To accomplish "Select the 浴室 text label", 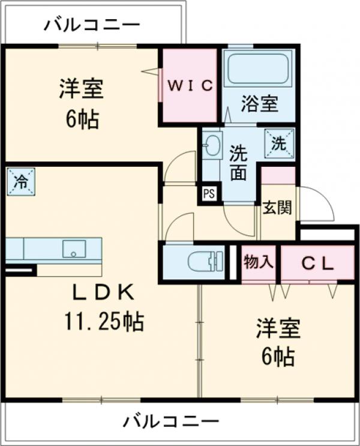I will (260, 103).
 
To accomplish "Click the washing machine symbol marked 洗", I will (280, 143).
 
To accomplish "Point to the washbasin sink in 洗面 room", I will (212, 146).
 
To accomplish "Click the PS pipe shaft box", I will (209, 194).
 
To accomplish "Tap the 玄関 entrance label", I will (277, 208).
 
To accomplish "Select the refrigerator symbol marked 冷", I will (20, 182).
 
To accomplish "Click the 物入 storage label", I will (258, 262).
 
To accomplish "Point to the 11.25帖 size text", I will (103, 322).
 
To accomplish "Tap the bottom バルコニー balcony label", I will (171, 421).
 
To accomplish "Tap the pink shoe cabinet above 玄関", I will (278, 175).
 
